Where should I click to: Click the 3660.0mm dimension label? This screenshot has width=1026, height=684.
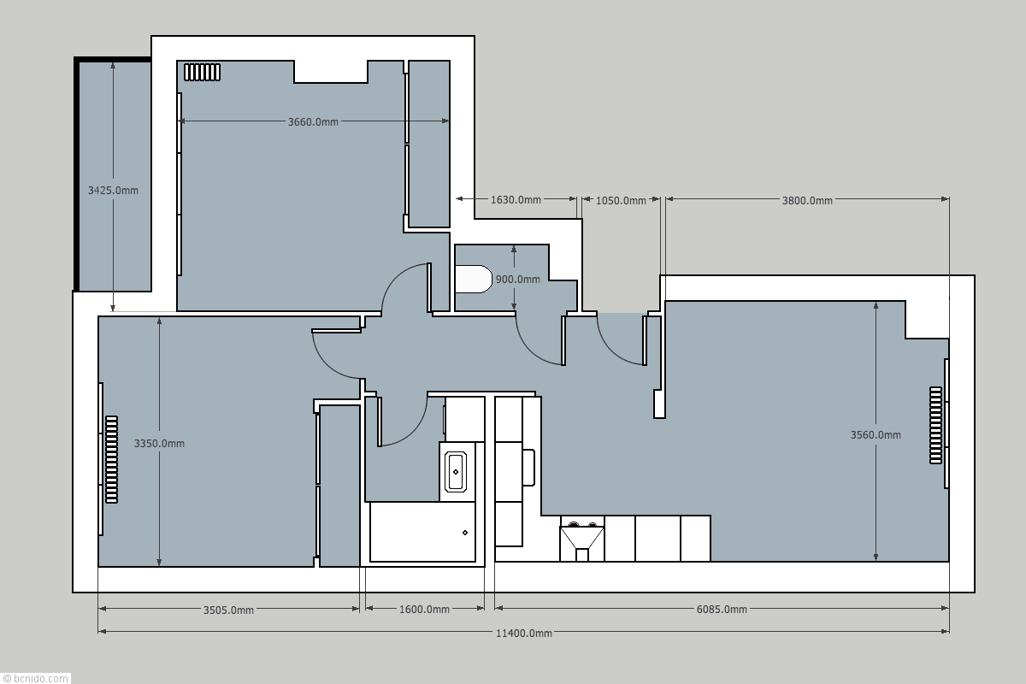[x=313, y=122]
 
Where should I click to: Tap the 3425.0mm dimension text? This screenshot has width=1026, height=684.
[x=113, y=190]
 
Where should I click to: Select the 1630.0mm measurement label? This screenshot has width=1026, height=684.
[x=516, y=200]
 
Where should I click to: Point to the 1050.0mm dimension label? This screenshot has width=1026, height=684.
[x=621, y=201]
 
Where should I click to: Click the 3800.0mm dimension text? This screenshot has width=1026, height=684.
[x=807, y=201]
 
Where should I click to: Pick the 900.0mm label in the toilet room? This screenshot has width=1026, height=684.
[x=518, y=280]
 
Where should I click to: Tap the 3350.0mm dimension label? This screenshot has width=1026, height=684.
[x=159, y=444]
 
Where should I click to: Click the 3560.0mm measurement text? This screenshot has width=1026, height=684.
[x=876, y=435]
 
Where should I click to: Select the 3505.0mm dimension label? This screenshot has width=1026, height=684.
[x=228, y=610]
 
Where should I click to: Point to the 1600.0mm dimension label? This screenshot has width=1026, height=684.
[x=424, y=610]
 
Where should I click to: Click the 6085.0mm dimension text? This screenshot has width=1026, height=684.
[x=722, y=610]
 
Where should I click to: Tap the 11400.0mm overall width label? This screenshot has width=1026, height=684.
[x=524, y=634]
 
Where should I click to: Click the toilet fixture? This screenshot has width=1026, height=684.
[x=473, y=279]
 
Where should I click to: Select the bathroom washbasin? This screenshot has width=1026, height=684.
[x=456, y=472]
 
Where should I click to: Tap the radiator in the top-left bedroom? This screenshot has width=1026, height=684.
[x=202, y=73]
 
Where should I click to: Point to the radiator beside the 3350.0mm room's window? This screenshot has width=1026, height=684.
[x=112, y=459]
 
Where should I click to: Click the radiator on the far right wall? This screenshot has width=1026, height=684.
[x=935, y=426]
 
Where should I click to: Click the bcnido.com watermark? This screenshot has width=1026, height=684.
[x=35, y=678]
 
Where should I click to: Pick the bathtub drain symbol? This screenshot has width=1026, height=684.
[x=465, y=533]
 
